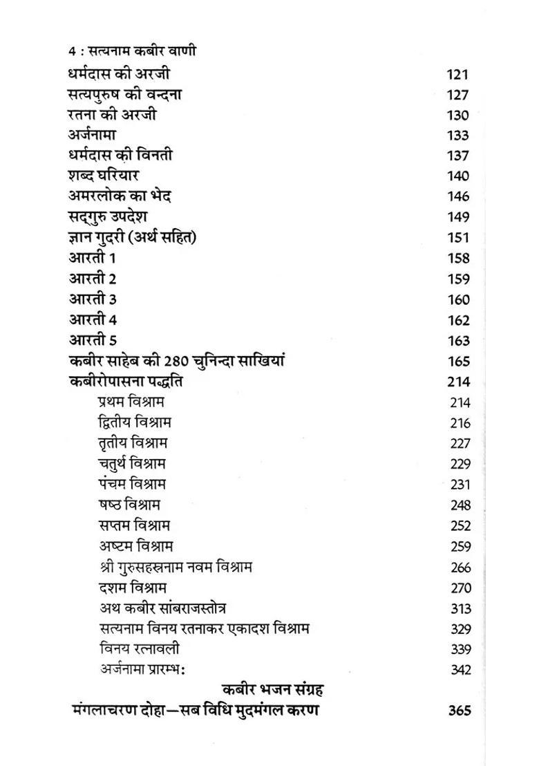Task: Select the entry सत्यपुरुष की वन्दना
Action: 125,94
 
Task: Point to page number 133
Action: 457,136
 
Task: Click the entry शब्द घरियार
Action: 104,176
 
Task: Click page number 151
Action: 457,238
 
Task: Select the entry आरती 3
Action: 93,299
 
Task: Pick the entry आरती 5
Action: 93,340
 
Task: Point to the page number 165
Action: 458,362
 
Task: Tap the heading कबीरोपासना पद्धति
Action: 126,382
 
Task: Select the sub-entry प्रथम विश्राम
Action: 131,402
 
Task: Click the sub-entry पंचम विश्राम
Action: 132,484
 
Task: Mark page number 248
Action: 460,505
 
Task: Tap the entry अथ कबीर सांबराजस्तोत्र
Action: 162,608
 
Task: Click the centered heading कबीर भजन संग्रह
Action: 274,689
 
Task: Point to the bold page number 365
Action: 459,711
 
